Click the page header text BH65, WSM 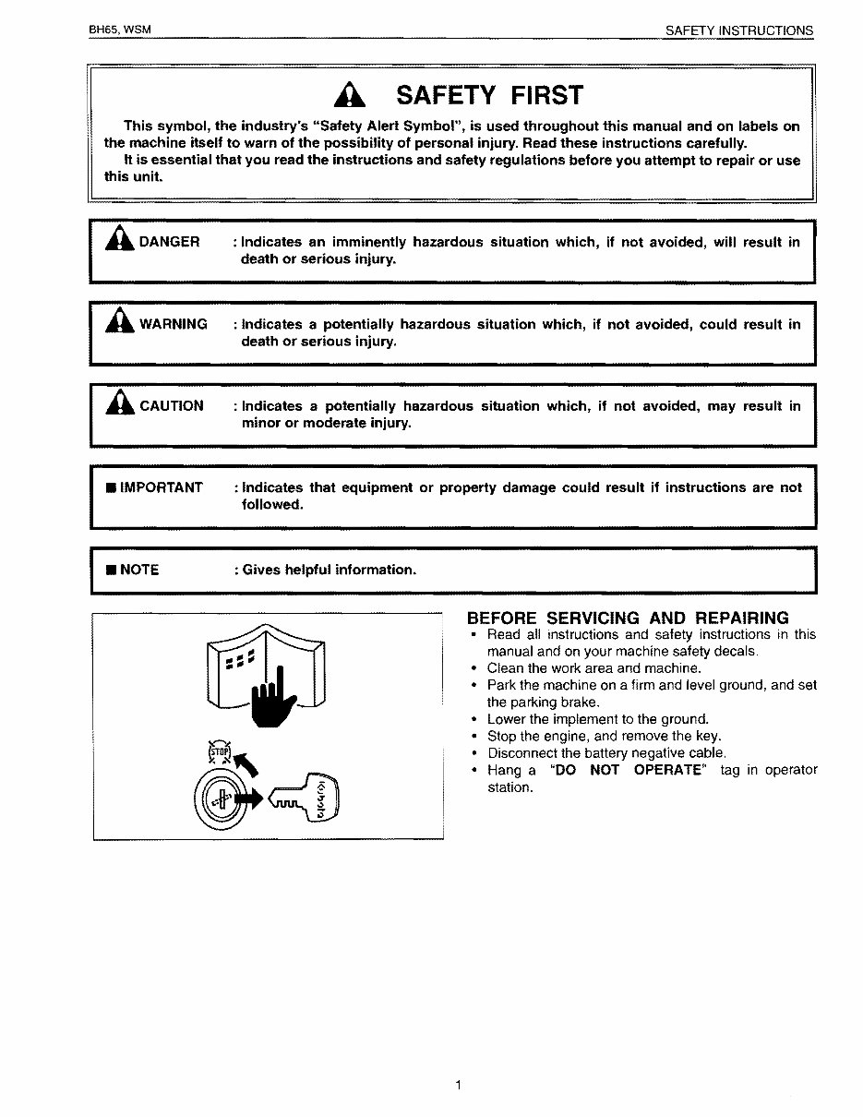119,30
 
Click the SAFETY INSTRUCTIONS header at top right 739,30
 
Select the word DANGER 169,242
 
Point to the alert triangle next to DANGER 120,240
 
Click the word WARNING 173,324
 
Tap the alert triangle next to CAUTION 120,404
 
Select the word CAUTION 171,406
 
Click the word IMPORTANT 161,487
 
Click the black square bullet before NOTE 110,571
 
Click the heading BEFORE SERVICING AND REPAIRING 628,618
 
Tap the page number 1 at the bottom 458,1085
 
